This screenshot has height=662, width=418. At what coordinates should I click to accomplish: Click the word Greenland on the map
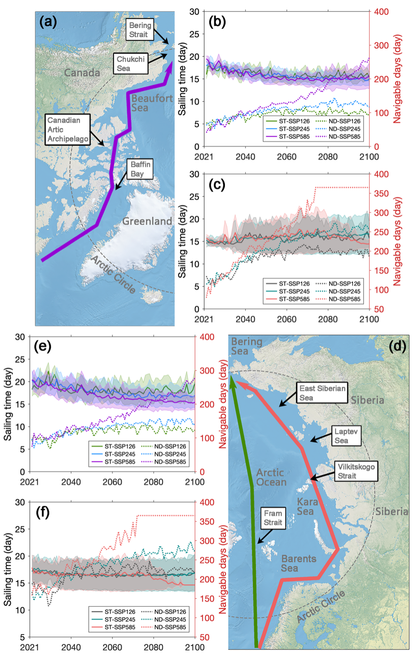click(147, 221)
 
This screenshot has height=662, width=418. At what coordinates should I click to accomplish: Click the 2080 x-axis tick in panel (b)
click(328, 157)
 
